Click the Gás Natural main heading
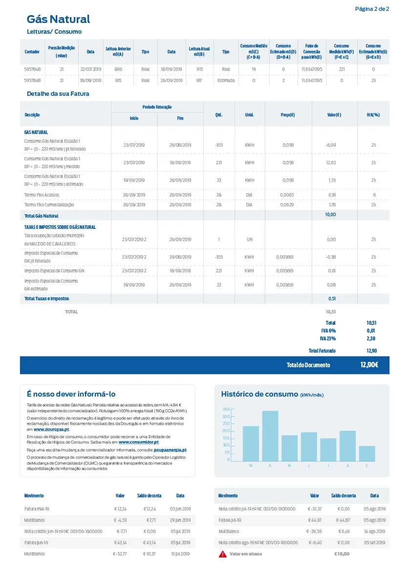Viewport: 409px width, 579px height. point(58,19)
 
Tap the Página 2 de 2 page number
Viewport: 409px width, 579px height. point(372,9)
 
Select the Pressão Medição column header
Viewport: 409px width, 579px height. point(61,52)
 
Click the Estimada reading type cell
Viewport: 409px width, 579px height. point(226,81)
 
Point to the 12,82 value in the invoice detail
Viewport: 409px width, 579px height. point(331,162)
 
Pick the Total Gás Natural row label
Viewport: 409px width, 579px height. point(42,216)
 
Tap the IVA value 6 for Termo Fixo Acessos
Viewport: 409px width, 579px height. point(374,195)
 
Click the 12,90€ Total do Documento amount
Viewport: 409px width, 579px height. point(369,365)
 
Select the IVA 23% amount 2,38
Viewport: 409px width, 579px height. point(371,338)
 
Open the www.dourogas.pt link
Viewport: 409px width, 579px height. point(51,429)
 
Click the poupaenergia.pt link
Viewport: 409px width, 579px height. point(170,450)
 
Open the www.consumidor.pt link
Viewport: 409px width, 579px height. point(138,443)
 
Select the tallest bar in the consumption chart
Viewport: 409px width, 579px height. point(270,436)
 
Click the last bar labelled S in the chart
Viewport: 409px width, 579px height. point(367,453)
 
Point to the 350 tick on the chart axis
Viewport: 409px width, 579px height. point(226,409)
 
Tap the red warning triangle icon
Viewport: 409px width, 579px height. point(223,554)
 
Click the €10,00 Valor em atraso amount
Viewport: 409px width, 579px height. point(342,554)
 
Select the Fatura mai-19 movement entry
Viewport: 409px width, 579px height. point(37,509)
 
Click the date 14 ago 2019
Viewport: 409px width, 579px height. point(374,532)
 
